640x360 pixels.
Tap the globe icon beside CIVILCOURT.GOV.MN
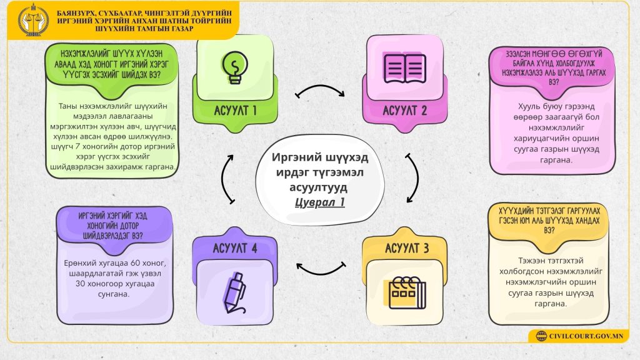click(x=539, y=336)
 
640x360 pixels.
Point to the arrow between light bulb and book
click(x=320, y=92)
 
